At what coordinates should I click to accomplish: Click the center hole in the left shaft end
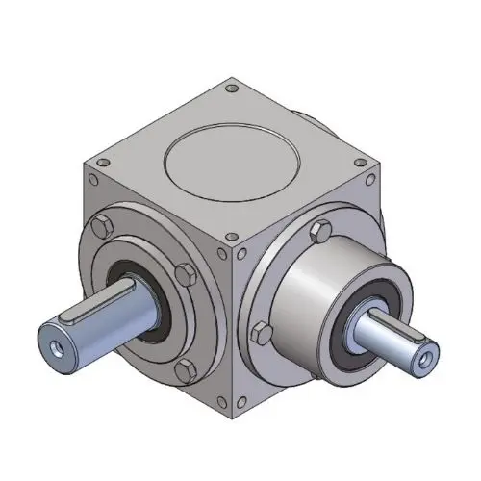point(54,342)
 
